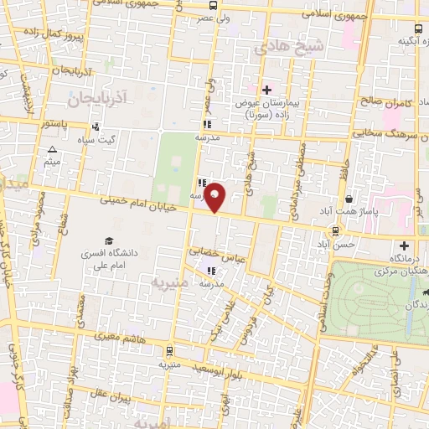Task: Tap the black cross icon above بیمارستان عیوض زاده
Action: [x=266, y=90]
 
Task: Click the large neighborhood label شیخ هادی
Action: [x=289, y=48]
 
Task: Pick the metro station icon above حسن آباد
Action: [x=335, y=230]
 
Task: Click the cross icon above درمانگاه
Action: [x=406, y=246]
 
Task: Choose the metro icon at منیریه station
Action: [x=171, y=352]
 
